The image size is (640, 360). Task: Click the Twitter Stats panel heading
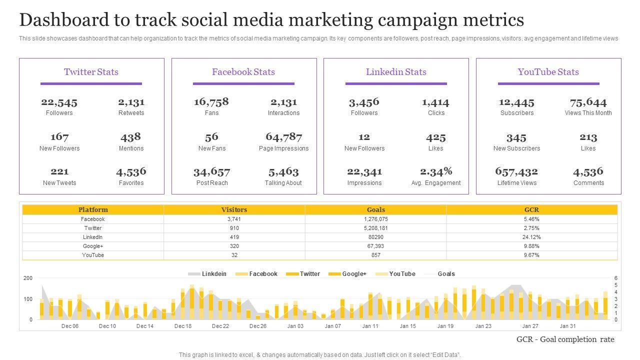pos(91,72)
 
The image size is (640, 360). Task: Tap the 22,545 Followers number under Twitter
pos(59,102)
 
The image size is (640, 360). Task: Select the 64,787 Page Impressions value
pos(283,137)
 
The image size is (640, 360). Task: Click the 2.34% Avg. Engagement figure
pos(436,171)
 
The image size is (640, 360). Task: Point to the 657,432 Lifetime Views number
pos(516,171)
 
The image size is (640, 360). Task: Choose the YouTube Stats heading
pos(548,72)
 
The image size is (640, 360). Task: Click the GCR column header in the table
pos(531,210)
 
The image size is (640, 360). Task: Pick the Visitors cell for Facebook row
pos(234,219)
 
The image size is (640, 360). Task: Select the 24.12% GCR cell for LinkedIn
pos(531,237)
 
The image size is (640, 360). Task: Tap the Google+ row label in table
pos(93,246)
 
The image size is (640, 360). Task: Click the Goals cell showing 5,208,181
pos(375,228)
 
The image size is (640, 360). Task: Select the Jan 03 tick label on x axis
pos(295,326)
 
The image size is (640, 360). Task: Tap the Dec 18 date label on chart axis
pos(183,326)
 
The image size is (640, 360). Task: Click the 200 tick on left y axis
pos(28,278)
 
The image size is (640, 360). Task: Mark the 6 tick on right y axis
pos(616,278)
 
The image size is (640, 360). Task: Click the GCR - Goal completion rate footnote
pos(565,339)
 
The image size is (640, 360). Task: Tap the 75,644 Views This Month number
pos(588,102)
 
